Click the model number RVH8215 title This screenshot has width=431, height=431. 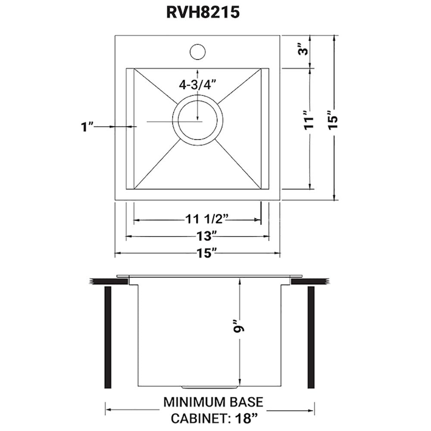tap(203, 12)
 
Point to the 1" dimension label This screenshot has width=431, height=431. tap(87, 127)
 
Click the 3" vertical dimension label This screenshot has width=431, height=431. tap(305, 50)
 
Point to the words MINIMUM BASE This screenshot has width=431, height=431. tap(213, 402)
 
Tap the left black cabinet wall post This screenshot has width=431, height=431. tap(108, 337)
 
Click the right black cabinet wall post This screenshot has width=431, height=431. tap(311, 337)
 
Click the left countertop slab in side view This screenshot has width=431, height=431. tap(108, 281)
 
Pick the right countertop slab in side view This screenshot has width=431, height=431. tap(309, 281)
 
